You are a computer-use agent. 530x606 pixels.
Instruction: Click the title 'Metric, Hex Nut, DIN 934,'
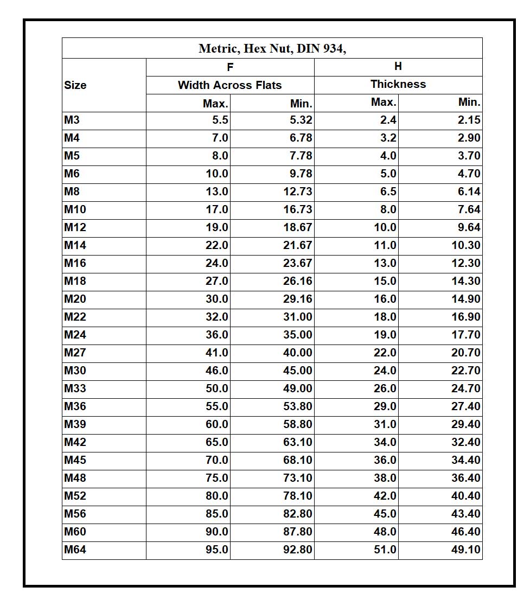point(272,48)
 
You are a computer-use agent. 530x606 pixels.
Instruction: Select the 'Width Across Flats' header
point(229,85)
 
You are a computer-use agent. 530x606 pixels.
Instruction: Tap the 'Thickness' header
point(398,84)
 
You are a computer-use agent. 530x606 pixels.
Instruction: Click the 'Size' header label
point(75,85)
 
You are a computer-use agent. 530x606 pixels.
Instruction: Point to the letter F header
point(230,67)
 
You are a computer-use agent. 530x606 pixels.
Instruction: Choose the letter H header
point(398,66)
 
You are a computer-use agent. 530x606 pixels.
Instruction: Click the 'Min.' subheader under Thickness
point(469,102)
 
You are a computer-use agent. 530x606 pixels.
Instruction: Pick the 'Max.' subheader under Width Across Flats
point(215,103)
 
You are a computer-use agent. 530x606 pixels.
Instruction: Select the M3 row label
point(72,120)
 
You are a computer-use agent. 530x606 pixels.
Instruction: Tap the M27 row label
point(75,353)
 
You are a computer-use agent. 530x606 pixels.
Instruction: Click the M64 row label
point(75,550)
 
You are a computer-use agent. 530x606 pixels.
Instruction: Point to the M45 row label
point(75,460)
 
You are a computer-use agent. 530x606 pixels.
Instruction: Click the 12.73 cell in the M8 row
point(297,192)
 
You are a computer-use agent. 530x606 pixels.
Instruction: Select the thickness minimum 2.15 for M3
point(469,120)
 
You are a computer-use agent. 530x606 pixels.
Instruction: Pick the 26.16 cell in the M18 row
point(297,281)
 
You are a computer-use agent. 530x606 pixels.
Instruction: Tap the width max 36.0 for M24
point(217,335)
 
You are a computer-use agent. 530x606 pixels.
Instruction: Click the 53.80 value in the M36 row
point(297,406)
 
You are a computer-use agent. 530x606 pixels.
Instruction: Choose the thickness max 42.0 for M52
point(385,496)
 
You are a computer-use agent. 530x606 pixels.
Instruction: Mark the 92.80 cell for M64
point(297,550)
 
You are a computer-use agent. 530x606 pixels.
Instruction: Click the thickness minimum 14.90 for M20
point(466,299)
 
